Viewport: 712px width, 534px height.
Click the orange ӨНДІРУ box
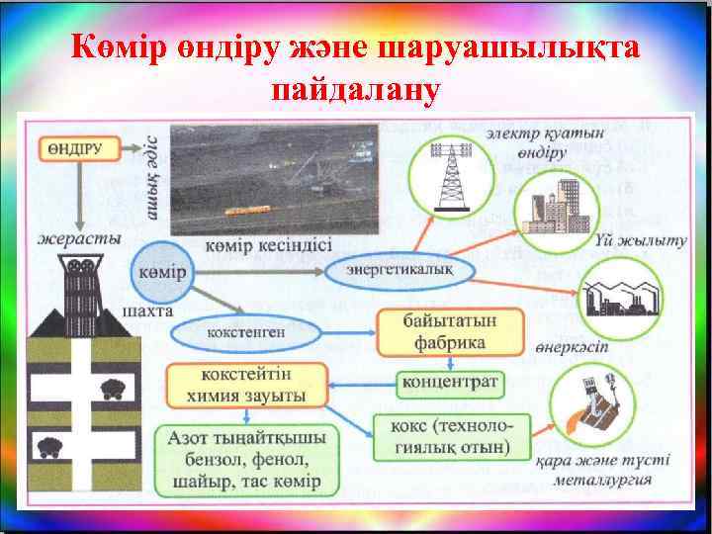click(79, 147)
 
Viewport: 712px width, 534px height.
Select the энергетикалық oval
click(400, 267)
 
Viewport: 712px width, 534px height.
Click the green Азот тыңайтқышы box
click(244, 459)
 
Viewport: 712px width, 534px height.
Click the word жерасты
click(80, 238)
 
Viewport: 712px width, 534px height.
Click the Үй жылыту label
click(641, 241)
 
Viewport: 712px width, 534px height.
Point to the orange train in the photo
click(248, 210)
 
